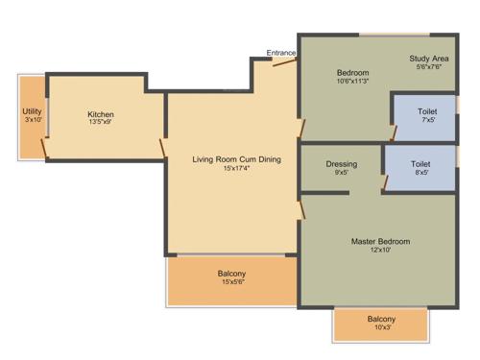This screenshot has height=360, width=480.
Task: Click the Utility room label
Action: tap(32, 111)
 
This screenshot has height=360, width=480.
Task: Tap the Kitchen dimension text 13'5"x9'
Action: tap(101, 122)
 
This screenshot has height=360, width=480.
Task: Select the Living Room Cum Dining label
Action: tap(237, 159)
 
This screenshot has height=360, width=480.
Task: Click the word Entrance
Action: tap(281, 53)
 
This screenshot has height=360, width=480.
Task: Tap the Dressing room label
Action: tap(342, 164)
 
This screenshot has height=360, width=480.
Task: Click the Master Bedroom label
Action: tap(380, 241)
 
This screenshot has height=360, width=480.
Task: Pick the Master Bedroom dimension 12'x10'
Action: tap(380, 251)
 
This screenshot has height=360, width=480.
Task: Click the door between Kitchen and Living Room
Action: tap(161, 149)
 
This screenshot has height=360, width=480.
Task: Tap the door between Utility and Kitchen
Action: tap(44, 146)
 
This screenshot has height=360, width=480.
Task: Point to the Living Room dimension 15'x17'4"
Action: tap(237, 169)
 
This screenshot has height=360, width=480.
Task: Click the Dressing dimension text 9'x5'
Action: tap(342, 174)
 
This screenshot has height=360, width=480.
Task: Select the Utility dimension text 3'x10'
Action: tap(32, 120)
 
